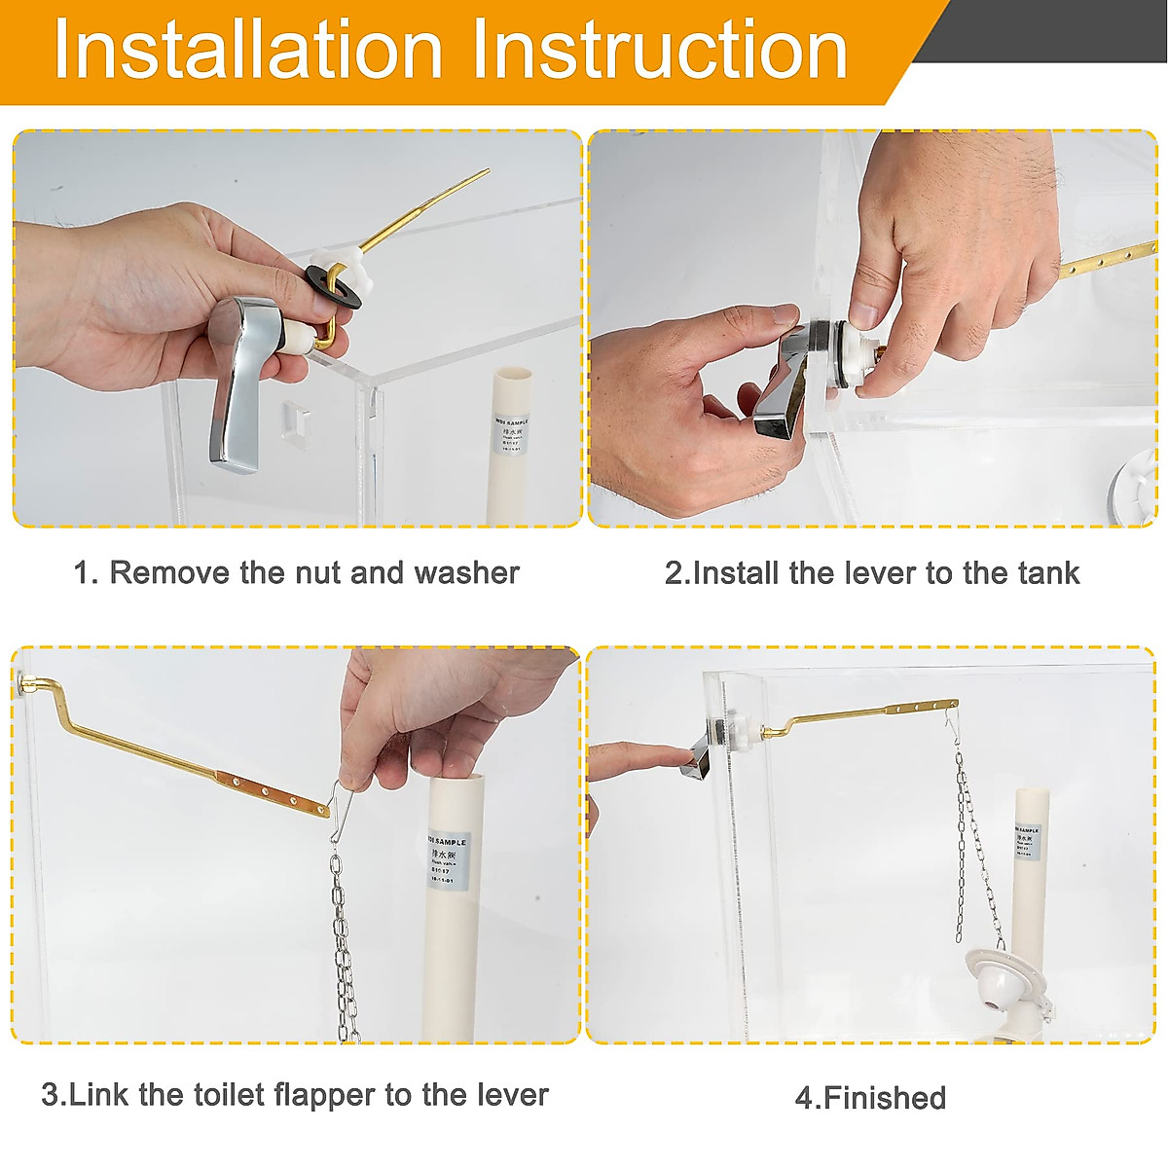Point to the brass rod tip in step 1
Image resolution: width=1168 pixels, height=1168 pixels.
(483, 174)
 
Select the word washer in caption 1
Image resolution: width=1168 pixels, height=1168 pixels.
(467, 572)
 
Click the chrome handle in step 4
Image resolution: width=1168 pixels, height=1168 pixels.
(708, 749)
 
